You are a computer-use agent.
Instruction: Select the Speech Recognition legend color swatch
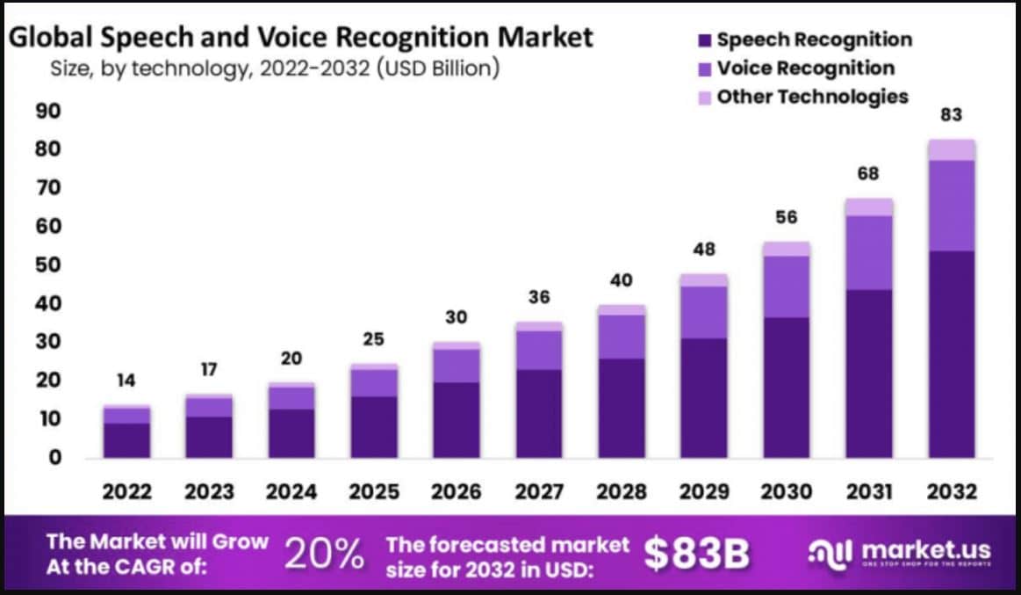click(x=704, y=40)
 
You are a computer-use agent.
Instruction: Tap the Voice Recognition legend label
click(x=805, y=69)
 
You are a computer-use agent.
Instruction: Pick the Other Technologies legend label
click(x=812, y=97)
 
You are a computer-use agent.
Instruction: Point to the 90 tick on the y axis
click(x=48, y=112)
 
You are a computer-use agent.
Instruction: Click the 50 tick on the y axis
click(x=48, y=265)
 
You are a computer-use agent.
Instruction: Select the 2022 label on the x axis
click(x=126, y=491)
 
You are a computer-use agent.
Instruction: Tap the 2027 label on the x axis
click(x=539, y=491)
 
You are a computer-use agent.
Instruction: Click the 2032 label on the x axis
click(x=952, y=491)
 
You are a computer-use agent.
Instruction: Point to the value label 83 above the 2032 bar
click(x=952, y=115)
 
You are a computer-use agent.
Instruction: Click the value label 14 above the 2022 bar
click(x=126, y=381)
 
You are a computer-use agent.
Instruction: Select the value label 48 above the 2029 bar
click(x=704, y=249)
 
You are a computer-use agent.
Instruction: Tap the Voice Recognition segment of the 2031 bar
click(x=869, y=252)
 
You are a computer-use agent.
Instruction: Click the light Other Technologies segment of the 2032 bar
click(x=952, y=149)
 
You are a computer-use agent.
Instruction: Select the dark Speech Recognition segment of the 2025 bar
click(x=374, y=427)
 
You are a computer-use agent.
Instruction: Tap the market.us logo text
click(x=925, y=551)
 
